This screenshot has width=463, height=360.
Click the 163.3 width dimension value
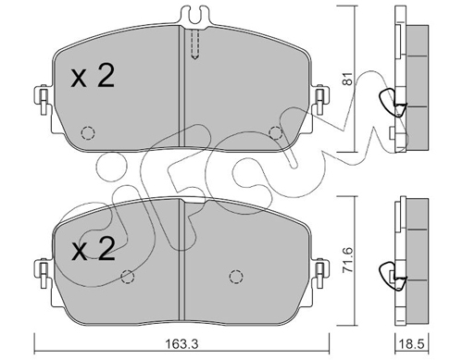coord(182,343)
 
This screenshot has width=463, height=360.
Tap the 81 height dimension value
coord(347,79)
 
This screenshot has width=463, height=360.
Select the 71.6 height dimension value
coord(348,259)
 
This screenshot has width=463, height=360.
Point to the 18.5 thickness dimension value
coord(412,343)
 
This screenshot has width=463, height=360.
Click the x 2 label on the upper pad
coord(93,76)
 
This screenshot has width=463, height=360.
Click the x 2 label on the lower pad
coord(93,249)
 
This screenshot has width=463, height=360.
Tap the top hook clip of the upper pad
coord(194,15)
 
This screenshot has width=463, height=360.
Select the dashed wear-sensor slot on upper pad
coord(194,43)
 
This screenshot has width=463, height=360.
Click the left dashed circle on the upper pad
coord(88,133)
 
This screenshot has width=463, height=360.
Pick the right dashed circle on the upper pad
coord(275,133)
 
